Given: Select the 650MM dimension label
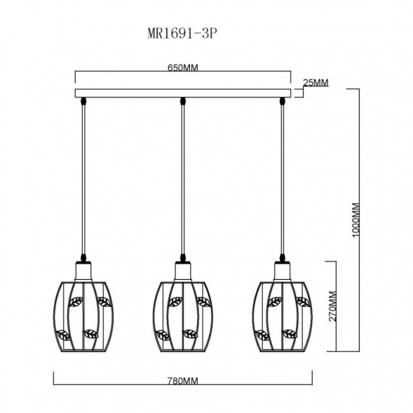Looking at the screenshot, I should (182, 68).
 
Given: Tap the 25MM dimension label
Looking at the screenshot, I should (315, 83).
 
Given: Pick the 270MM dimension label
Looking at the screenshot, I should (334, 306).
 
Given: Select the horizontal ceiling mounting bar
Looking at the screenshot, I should (182, 93).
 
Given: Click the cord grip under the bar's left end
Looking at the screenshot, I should (83, 101).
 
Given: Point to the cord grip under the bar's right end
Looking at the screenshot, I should (282, 101).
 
